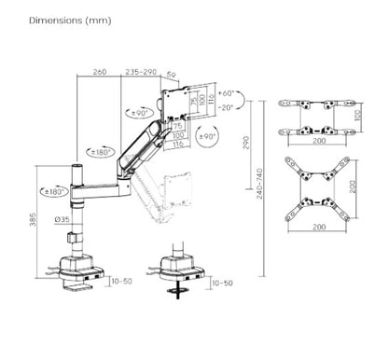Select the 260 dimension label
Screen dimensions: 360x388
pyautogui.click(x=99, y=71)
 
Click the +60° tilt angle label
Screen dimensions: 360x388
pyautogui.click(x=229, y=93)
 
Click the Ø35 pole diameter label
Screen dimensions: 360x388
pyautogui.click(x=62, y=220)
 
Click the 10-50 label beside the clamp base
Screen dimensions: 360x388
pyautogui.click(x=121, y=281)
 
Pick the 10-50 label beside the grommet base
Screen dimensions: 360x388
pyautogui.click(x=222, y=282)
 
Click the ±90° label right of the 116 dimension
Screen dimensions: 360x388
pyautogui.click(x=211, y=137)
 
